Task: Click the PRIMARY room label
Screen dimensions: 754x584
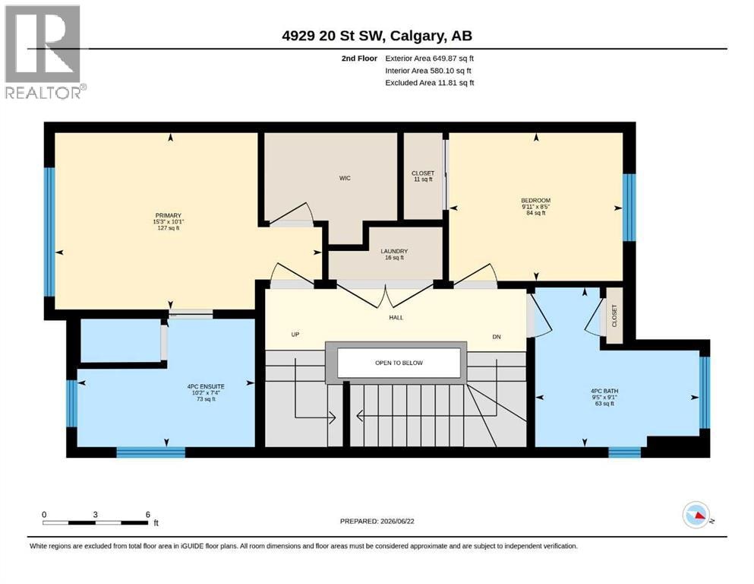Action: (169, 215)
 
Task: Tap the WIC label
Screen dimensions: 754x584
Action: (345, 178)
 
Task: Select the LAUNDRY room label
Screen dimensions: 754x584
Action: (394, 251)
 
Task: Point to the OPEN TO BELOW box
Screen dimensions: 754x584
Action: (399, 363)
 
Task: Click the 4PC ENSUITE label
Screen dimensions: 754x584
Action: (206, 386)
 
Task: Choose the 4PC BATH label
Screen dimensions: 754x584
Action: (604, 391)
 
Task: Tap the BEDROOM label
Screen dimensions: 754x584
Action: (535, 200)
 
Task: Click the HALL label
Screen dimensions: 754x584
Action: (396, 318)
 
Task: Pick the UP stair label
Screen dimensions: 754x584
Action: (295, 334)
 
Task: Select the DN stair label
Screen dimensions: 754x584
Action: (497, 337)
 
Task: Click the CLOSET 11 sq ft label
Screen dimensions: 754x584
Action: (423, 176)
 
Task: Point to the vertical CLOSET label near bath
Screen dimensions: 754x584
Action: (614, 316)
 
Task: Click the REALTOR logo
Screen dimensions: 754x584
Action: (44, 52)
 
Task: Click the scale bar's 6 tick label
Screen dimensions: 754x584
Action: (148, 514)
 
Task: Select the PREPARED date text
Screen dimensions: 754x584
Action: (377, 521)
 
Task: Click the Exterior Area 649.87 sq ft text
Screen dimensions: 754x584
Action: (430, 59)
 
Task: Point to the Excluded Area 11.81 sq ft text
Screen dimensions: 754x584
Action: (430, 83)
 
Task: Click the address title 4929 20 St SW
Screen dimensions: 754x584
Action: (333, 36)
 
